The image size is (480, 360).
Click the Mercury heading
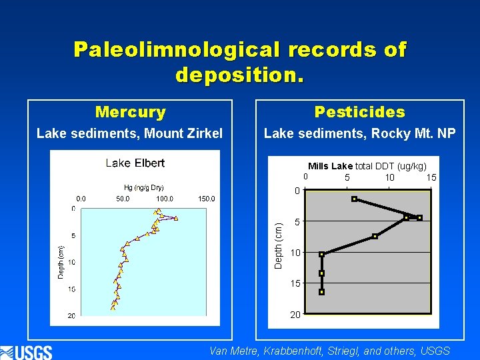pos(130,112)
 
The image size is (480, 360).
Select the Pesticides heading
pos(359,112)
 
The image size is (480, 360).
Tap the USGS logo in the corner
pos(27,351)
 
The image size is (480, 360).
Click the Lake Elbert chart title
pos(135,163)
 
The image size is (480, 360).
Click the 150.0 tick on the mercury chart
pos(206,199)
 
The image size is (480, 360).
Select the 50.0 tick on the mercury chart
pos(123,199)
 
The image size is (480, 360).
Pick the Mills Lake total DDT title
pos(367,166)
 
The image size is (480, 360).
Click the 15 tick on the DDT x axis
pos(431,177)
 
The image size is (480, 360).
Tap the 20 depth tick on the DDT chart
pos(295,315)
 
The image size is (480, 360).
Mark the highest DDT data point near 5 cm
pos(419,218)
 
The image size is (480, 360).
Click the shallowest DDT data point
pos(355,199)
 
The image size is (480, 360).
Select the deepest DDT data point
pos(321,292)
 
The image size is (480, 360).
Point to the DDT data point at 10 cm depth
pos(321,254)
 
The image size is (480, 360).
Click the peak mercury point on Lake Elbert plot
pos(176,218)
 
